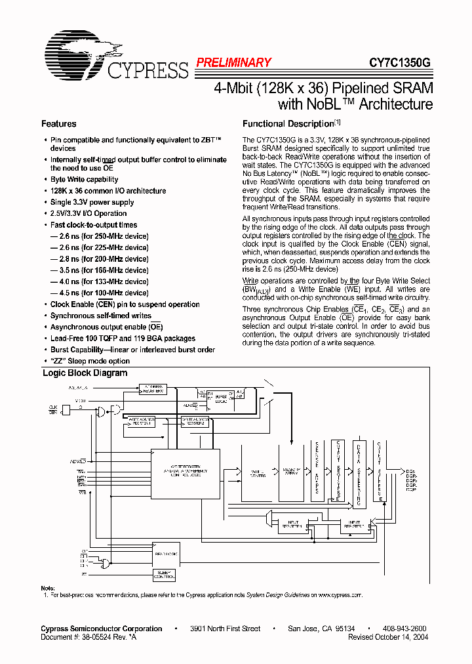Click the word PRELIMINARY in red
(x=233, y=63)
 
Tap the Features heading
(x=58, y=124)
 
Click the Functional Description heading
(x=288, y=124)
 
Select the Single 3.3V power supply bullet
(x=92, y=202)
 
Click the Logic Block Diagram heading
(x=85, y=373)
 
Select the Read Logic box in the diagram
(x=165, y=554)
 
